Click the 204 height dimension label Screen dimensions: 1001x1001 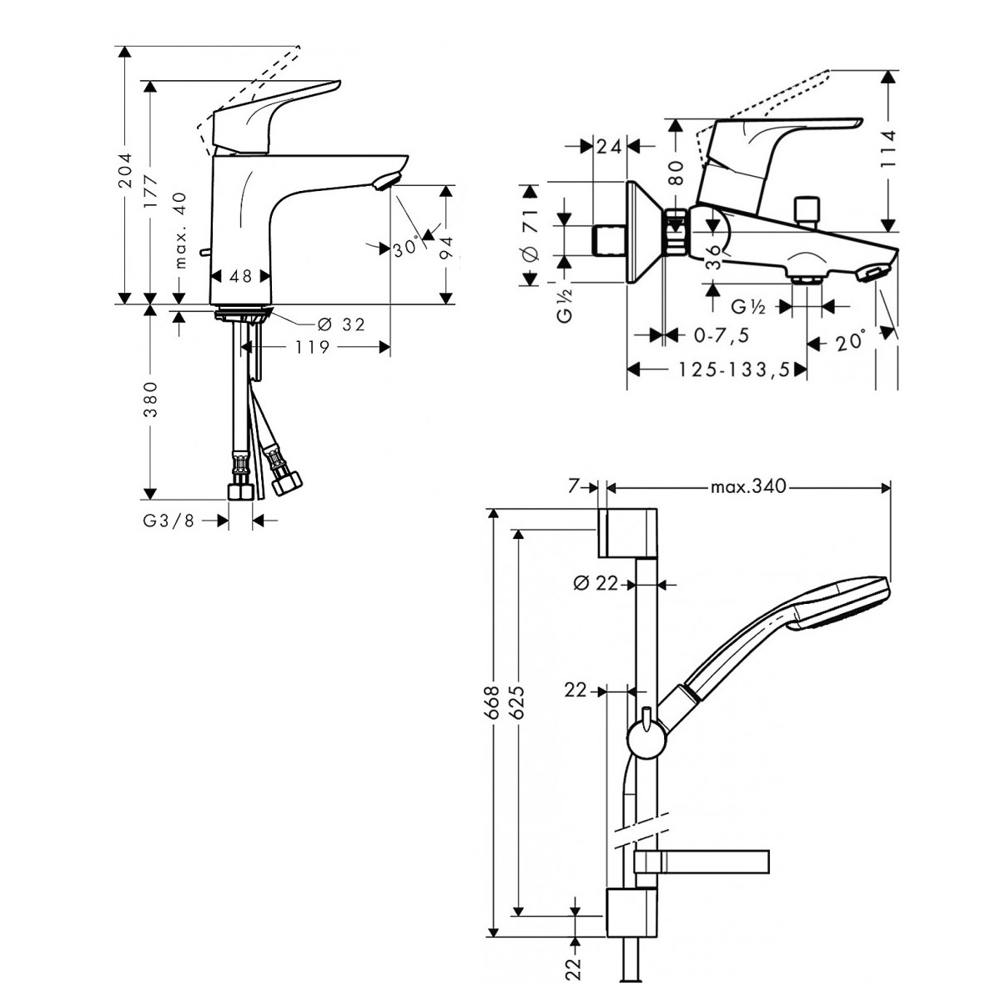126,172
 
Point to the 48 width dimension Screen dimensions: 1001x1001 240,276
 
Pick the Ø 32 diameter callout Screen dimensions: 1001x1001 342,325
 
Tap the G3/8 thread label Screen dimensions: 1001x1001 169,521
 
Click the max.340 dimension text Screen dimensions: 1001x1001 748,485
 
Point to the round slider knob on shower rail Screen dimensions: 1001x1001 646,737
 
